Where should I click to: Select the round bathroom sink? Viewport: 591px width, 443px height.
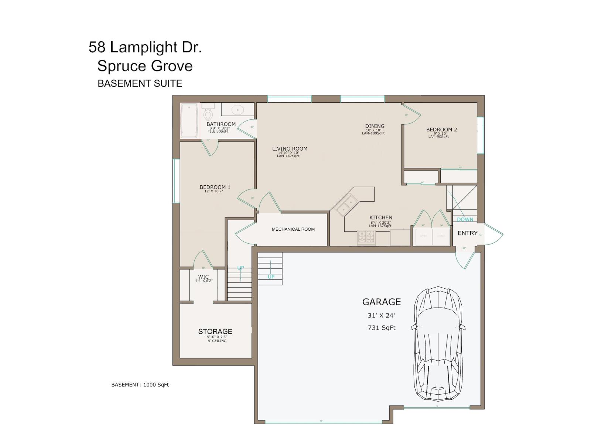(x=237, y=110)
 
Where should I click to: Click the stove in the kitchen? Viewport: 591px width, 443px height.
(x=366, y=237)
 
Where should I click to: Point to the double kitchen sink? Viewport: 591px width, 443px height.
(x=346, y=205)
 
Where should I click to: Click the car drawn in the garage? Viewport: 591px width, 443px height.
(x=438, y=343)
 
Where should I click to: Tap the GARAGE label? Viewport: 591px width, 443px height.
(x=381, y=302)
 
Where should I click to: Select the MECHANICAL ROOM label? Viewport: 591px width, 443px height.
(x=293, y=229)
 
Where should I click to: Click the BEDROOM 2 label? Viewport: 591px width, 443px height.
(x=441, y=130)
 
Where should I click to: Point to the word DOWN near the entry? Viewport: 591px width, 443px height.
(x=465, y=219)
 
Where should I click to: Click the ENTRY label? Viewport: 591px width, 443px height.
(x=467, y=233)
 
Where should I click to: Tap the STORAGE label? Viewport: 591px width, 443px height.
(x=215, y=332)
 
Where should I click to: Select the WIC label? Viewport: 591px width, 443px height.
(x=203, y=277)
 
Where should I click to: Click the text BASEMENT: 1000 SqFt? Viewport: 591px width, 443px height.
(x=140, y=385)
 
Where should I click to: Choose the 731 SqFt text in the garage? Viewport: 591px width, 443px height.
(x=382, y=327)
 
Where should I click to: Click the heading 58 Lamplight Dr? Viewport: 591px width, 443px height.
(x=145, y=47)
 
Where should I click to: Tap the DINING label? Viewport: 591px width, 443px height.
(x=375, y=126)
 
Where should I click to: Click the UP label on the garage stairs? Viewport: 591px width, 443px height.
(x=271, y=277)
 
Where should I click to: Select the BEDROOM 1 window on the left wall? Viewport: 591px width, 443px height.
(x=177, y=181)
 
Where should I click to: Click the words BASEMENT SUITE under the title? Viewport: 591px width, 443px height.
(x=140, y=83)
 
